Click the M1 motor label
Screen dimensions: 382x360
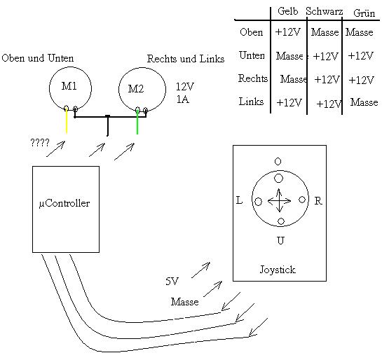pos(69,86)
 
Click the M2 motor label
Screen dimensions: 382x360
pos(136,89)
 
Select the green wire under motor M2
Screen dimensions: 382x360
pos(137,122)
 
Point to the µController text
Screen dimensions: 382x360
pos(64,204)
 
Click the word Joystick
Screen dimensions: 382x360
pos(278,270)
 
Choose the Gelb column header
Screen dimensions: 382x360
pos(287,11)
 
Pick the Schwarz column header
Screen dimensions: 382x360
pos(325,11)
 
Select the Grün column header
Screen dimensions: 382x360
pos(364,13)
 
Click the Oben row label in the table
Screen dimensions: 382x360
pos(251,32)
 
